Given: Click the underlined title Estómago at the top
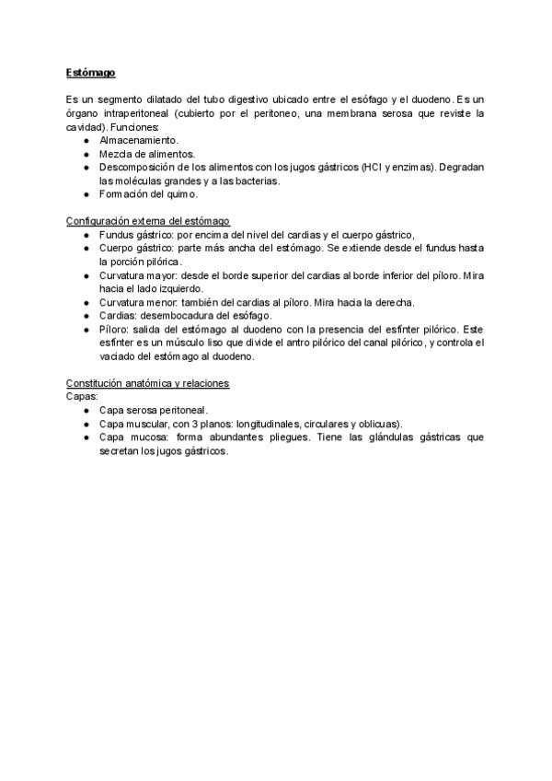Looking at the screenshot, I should click(90, 72).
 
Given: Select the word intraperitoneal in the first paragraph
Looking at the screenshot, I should click(135, 112).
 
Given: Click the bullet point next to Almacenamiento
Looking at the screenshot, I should click(86, 140).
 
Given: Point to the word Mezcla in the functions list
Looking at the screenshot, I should click(115, 154).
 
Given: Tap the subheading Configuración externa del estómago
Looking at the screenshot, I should click(148, 222).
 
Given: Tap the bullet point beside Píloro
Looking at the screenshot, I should click(86, 329).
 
